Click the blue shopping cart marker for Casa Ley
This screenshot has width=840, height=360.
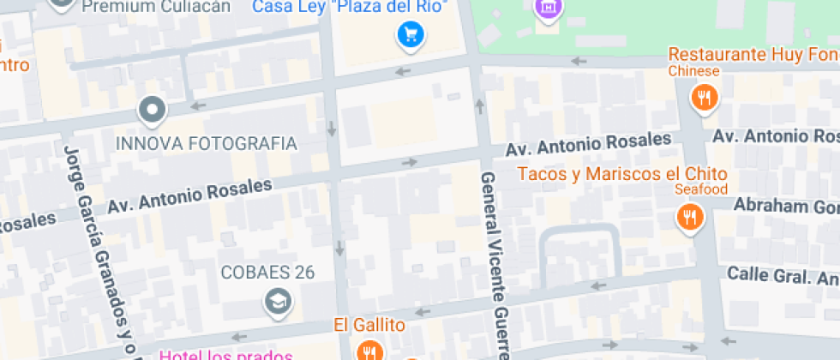pos(411,35)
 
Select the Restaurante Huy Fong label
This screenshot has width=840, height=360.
pos(753,55)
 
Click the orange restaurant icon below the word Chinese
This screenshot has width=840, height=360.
pos(705,98)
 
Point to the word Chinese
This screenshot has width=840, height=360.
pos(694,71)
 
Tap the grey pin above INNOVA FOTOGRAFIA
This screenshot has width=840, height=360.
pos(153,110)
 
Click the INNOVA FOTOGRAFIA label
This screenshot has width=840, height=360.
pos(206,143)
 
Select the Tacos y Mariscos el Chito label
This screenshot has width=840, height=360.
pos(622,174)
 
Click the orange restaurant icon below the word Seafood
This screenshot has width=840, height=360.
pos(689,217)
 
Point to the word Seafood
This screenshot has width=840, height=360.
pos(701,189)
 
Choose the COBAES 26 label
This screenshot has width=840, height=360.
pos(267,273)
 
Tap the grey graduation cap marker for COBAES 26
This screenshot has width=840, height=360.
pos(278,301)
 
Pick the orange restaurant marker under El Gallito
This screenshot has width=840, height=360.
pos(370,351)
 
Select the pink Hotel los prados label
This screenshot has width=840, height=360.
pos(227,355)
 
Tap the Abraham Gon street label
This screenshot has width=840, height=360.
pos(785,207)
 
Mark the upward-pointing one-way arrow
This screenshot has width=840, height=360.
pos(479,105)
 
